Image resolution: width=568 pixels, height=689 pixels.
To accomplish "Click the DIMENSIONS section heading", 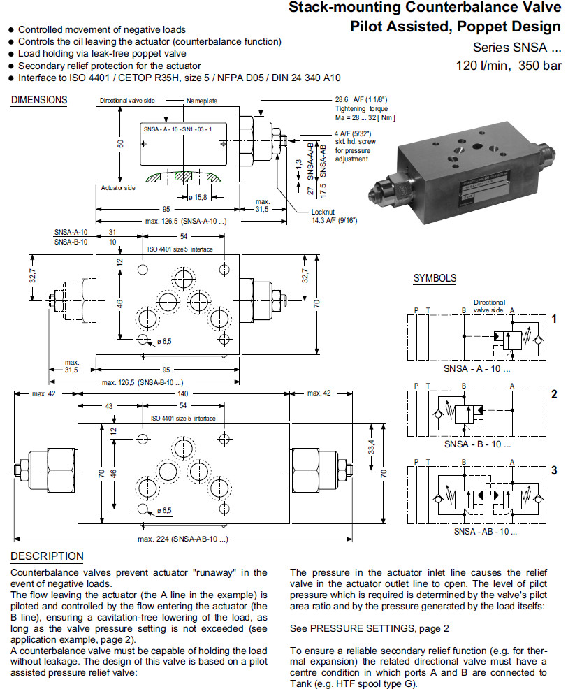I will click(x=39, y=100).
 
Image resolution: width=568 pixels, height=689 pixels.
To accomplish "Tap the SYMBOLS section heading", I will click(x=435, y=278).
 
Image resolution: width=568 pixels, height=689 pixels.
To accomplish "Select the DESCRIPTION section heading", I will click(x=47, y=556).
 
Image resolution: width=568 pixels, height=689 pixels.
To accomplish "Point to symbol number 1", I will click(x=553, y=319).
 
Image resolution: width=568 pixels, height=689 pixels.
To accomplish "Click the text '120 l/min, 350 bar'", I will click(x=508, y=66).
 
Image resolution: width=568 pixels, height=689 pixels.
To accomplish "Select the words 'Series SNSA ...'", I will click(x=516, y=48).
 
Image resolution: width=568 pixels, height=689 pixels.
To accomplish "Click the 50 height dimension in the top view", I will click(x=120, y=144).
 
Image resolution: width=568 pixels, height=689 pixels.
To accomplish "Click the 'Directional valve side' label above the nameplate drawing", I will click(x=127, y=101).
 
